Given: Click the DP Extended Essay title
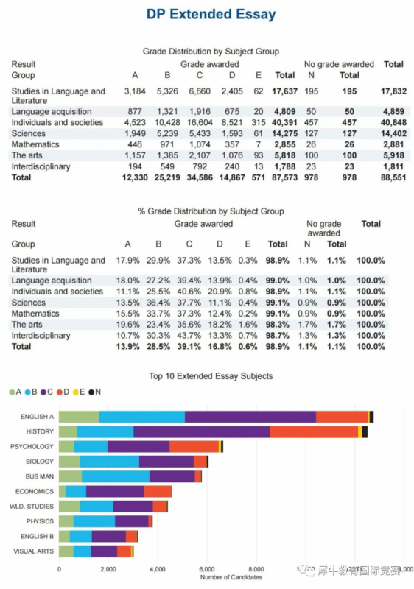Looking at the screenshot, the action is tap(211, 14).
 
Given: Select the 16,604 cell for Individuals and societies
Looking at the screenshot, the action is tap(200, 123).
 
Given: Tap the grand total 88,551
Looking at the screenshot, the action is tap(393, 177).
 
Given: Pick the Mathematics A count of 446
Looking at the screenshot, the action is tap(135, 144).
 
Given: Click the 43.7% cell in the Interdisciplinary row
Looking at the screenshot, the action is tap(189, 336).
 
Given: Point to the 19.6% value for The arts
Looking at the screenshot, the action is tap(127, 325).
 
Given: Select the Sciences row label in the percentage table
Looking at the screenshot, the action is tap(28, 303).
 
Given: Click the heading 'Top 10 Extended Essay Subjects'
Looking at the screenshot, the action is tap(211, 376).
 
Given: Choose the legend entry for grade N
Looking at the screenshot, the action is tap(94, 392).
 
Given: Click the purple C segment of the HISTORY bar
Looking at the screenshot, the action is tap(201, 431).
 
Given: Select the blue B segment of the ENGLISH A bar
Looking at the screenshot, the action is tap(142, 417).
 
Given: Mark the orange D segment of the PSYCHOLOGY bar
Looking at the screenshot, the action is tap(194, 447).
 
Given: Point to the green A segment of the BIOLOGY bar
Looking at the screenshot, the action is tap(69, 462).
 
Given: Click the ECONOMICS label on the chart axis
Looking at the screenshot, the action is tap(34, 491).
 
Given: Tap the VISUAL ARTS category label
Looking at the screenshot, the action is tap(33, 551).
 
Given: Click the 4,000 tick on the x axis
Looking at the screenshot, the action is tap(158, 569).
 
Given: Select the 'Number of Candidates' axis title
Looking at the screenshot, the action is tap(231, 577).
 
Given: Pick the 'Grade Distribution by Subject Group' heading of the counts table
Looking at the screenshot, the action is tap(211, 52).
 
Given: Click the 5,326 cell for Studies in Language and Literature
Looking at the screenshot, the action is tap(167, 91).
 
